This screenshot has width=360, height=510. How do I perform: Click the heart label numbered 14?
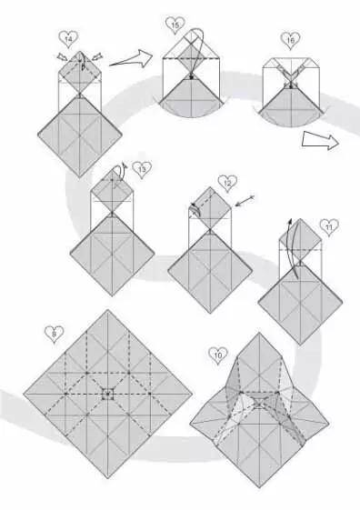pyautogui.click(x=66, y=38)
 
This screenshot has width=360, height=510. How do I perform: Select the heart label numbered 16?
pyautogui.click(x=289, y=40)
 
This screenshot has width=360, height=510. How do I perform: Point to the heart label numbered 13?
pyautogui.click(x=142, y=168)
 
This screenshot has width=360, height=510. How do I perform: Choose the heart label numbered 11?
pyautogui.click(x=328, y=225)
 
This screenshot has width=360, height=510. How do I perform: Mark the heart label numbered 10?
pyautogui.click(x=216, y=354)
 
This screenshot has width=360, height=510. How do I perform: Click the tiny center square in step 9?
pyautogui.click(x=107, y=394)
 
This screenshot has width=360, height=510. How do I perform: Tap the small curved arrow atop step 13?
pyautogui.click(x=118, y=172)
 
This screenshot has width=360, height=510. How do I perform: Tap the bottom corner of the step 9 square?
pyautogui.click(x=107, y=475)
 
